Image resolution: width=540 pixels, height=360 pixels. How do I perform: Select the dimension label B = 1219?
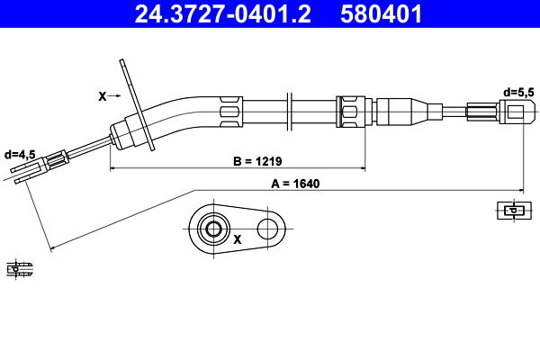click(257, 162)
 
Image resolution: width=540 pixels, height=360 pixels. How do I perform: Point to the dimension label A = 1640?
click(294, 183)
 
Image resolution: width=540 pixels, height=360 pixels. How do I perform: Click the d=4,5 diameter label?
click(20, 155)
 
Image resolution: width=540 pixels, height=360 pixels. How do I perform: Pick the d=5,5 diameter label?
click(518, 92)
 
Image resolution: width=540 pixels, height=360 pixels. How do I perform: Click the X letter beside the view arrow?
click(101, 94)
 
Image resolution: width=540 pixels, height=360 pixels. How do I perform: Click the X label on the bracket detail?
click(238, 240)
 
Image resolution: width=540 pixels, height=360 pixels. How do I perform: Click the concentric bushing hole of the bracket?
click(213, 229)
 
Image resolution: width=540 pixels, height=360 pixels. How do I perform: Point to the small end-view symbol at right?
click(512, 211)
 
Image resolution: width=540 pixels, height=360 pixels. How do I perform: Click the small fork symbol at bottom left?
click(19, 267)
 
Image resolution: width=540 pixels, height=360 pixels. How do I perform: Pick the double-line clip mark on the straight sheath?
click(289, 112)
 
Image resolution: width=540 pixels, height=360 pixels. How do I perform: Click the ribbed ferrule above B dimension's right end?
click(351, 112)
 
